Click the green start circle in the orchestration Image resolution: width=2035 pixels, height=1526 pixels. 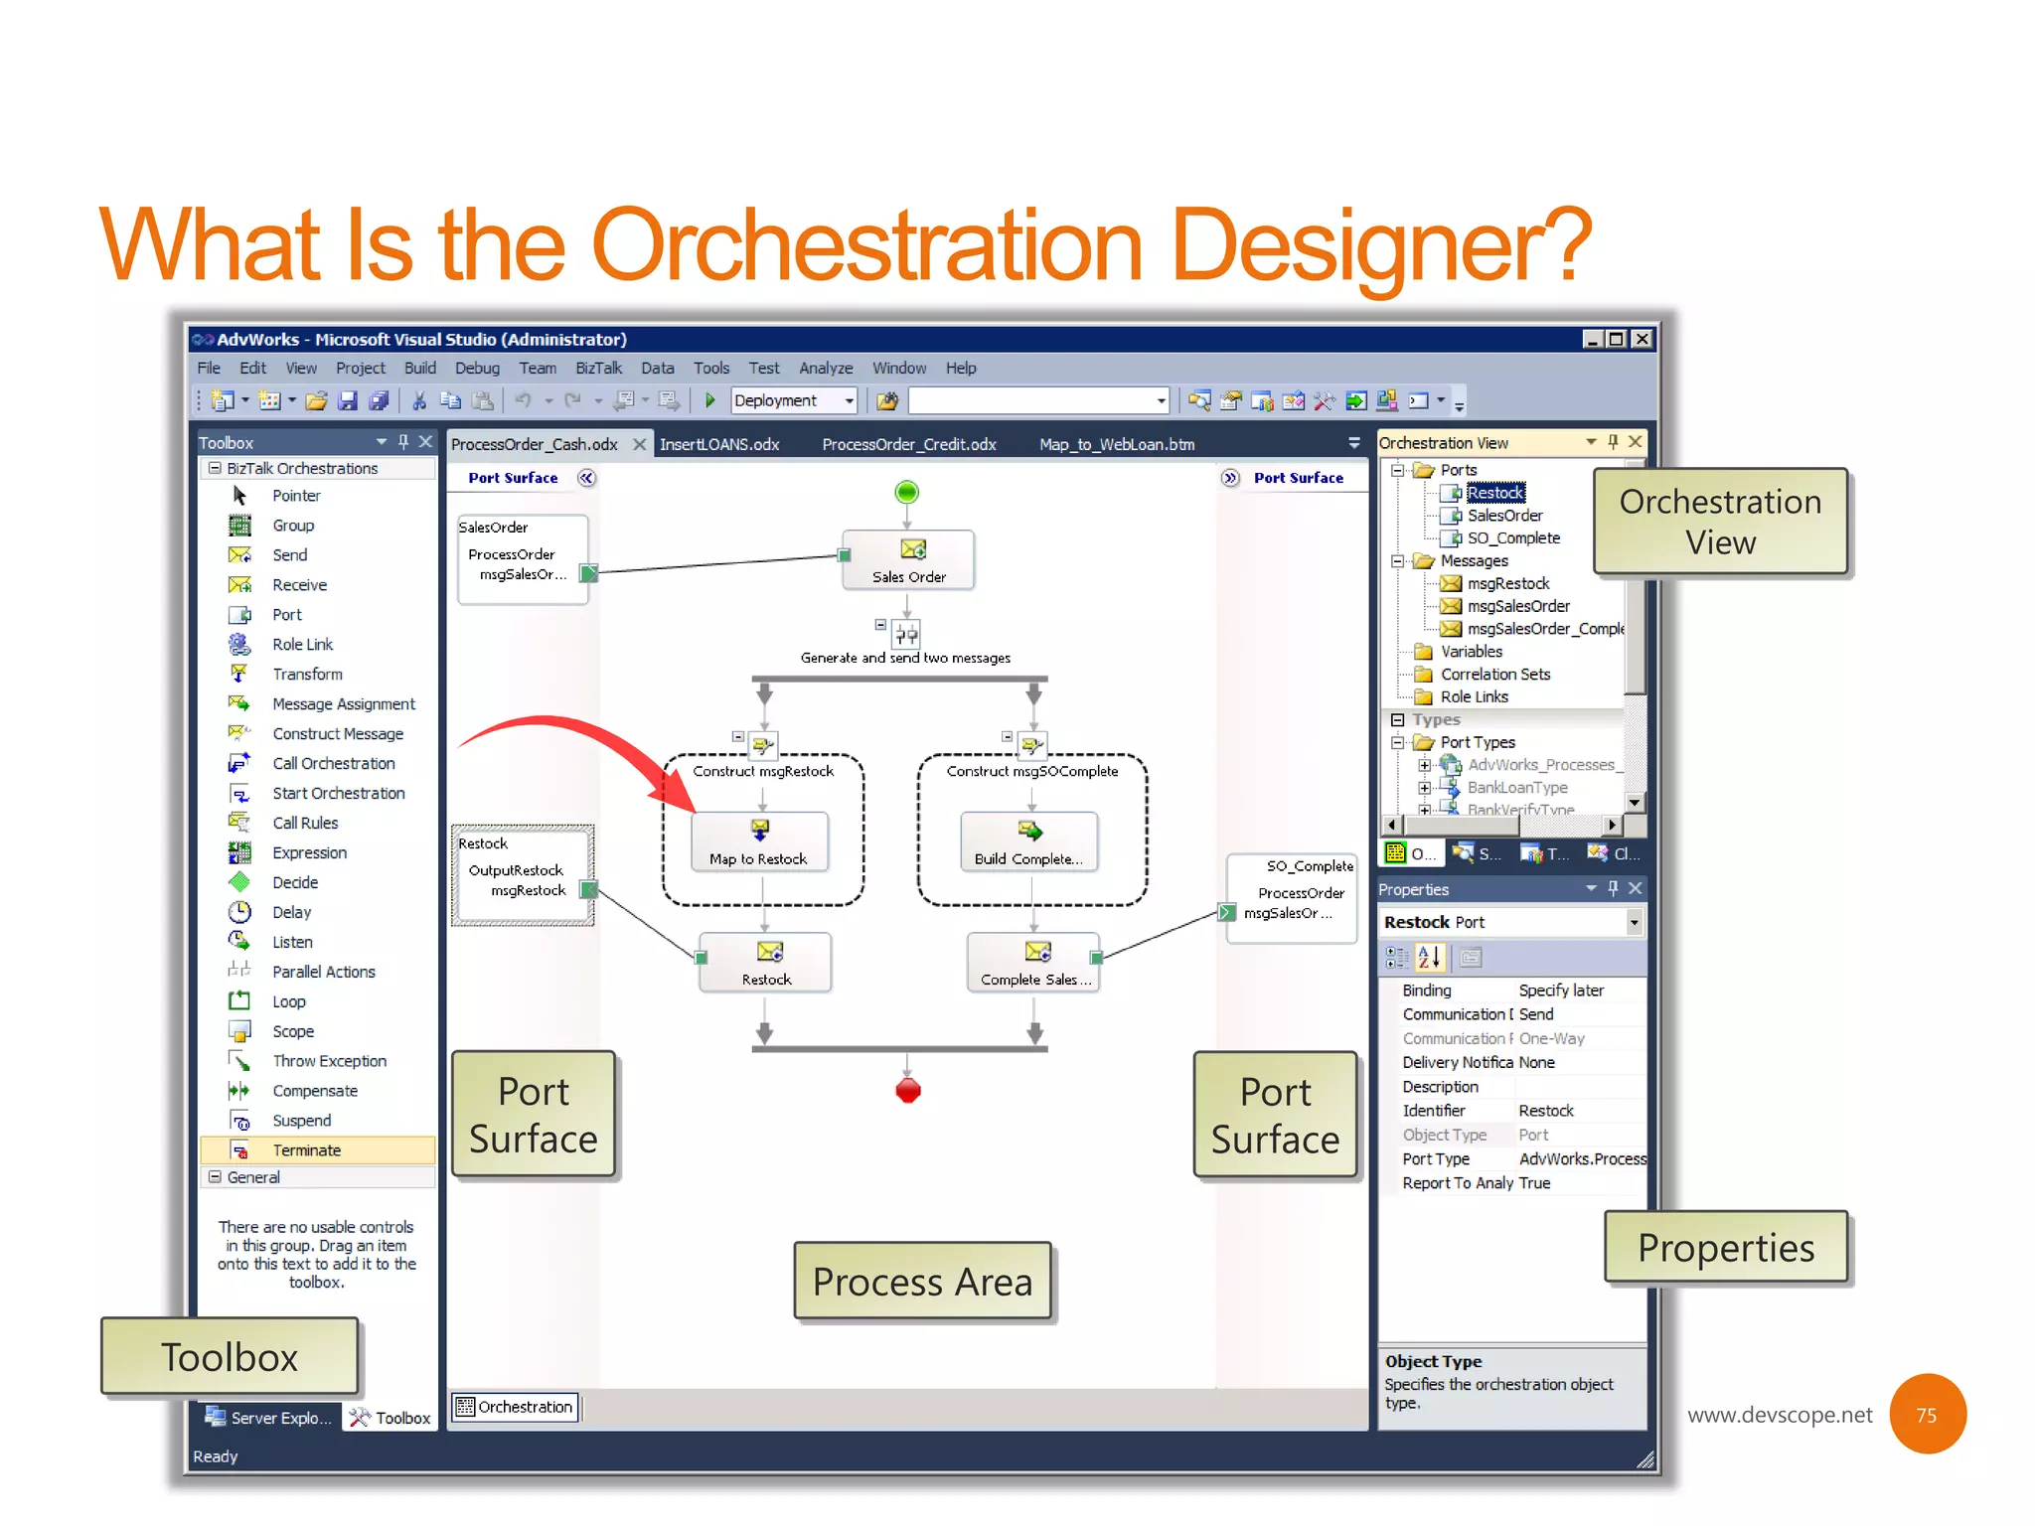coord(906,492)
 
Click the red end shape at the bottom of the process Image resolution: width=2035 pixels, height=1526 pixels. coord(908,1090)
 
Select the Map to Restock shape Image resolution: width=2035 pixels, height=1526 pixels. coord(760,842)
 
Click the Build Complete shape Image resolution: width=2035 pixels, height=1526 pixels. coord(1029,842)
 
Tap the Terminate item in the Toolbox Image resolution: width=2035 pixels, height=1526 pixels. coord(306,1149)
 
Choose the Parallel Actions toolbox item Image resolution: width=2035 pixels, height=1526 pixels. coord(323,972)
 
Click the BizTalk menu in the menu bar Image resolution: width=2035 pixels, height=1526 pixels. coord(598,368)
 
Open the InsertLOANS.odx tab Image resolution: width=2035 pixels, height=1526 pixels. coord(719,444)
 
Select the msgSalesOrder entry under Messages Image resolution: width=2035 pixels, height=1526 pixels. coord(1517,606)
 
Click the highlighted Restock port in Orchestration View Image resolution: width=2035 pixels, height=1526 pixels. coord(1494,493)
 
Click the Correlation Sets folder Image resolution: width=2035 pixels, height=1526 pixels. coord(1494,674)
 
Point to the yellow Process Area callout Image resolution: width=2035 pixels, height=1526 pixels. coord(922,1282)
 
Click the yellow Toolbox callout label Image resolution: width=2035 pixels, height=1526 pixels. coord(230,1357)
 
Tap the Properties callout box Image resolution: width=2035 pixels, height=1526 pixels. coord(1726,1248)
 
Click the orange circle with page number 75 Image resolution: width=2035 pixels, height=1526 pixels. coord(1927,1414)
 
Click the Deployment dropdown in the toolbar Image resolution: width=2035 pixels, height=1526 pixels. coord(794,400)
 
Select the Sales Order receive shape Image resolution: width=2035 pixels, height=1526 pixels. coord(908,560)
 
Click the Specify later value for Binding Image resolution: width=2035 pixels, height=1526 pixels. coord(1561,991)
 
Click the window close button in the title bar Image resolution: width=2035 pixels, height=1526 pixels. coord(1643,339)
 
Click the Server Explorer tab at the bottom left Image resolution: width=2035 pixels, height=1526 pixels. coord(269,1418)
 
